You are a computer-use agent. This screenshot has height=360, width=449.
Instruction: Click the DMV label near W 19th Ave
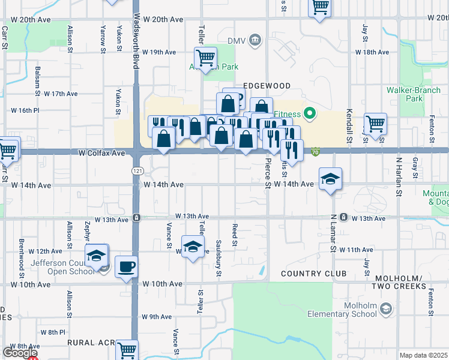(x=237, y=40)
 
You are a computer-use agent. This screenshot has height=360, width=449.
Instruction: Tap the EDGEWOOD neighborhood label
(x=267, y=86)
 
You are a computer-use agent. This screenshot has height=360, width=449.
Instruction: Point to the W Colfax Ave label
(x=101, y=154)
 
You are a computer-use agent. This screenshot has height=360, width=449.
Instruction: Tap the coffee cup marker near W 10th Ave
(x=125, y=267)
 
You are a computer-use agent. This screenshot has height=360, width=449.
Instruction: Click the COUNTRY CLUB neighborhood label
(x=313, y=274)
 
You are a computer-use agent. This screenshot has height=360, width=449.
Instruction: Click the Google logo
(x=20, y=353)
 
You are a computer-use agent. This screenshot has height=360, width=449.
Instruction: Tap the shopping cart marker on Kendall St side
(x=375, y=124)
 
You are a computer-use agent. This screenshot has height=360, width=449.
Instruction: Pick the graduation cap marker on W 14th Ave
(x=330, y=179)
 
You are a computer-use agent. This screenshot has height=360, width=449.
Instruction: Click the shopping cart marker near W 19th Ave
(x=205, y=58)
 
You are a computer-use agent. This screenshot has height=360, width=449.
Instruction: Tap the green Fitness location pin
(x=310, y=112)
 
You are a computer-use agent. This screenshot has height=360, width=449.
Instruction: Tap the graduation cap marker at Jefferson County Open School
(x=96, y=256)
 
